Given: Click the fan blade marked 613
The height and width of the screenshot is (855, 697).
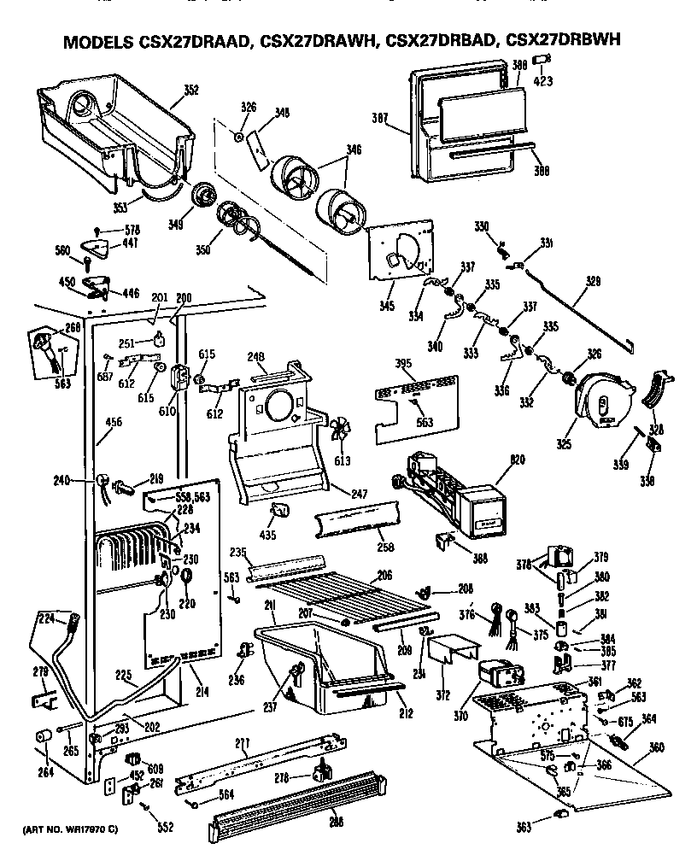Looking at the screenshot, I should pyautogui.click(x=343, y=431).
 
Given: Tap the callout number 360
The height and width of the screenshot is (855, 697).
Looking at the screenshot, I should pyautogui.click(x=656, y=748).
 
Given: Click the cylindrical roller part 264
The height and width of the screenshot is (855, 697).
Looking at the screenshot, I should pyautogui.click(x=40, y=737).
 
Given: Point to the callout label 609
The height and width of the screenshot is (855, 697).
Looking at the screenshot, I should pyautogui.click(x=155, y=767).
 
